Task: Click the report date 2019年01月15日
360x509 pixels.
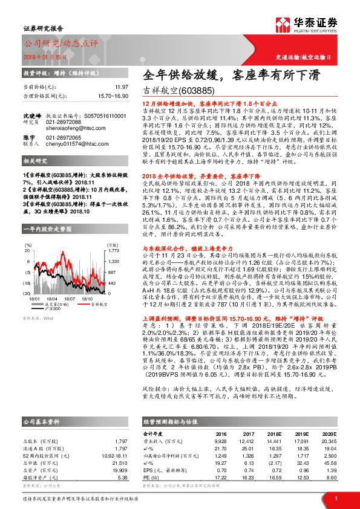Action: coord(44,56)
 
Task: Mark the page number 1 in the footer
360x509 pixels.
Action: coord(336,498)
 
